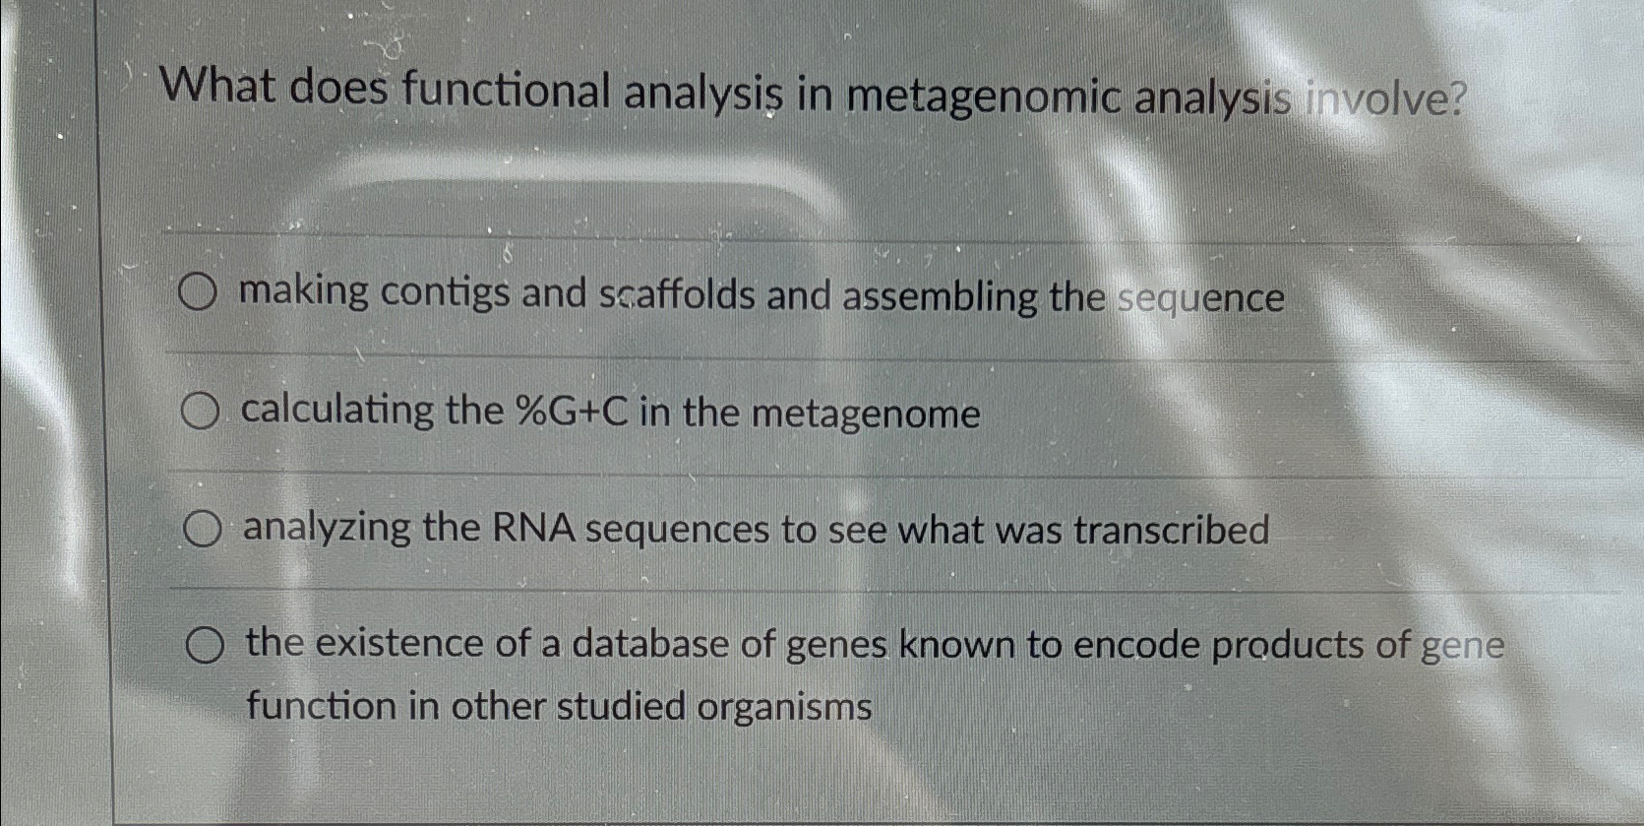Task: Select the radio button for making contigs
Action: pos(197,292)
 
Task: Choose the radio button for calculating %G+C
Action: pos(200,412)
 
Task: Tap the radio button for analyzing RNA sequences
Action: pos(202,530)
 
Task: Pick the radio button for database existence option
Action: pos(204,646)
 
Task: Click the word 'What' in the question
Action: pos(217,86)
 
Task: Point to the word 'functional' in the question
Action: pos(506,91)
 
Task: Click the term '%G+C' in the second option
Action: pos(572,412)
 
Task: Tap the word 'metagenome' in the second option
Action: pos(866,413)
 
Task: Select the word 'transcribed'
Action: pos(1171,531)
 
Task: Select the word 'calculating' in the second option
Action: pos(337,410)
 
